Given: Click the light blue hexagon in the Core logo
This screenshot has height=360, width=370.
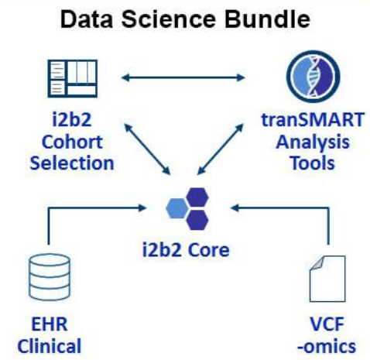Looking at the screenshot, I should tap(176, 207).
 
